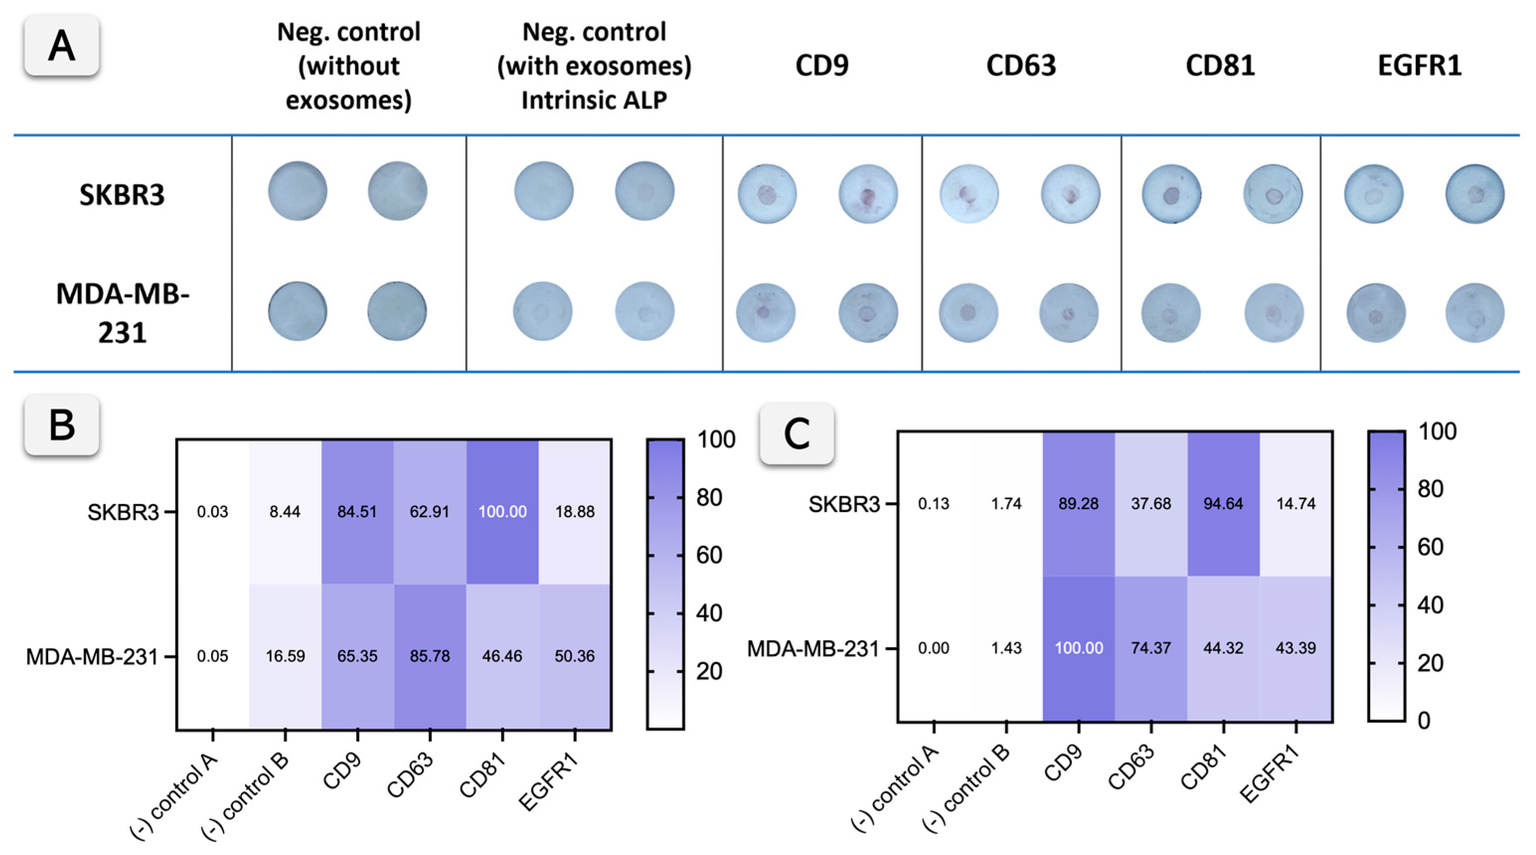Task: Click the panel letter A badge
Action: tap(62, 46)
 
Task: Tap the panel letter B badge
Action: tap(62, 425)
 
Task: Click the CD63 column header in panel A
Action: tap(1021, 65)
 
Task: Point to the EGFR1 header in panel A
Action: tap(1419, 65)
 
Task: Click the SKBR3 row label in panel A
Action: tap(122, 194)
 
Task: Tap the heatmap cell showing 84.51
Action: tap(357, 512)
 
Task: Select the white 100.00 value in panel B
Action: tap(502, 512)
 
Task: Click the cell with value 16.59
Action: tap(285, 656)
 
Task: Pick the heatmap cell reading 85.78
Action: tap(430, 656)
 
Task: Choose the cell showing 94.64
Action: tap(1223, 503)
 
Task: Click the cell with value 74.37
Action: tap(1151, 647)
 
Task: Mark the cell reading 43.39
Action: tap(1296, 647)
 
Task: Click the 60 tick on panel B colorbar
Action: tap(709, 555)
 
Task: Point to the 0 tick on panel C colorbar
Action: tap(1424, 721)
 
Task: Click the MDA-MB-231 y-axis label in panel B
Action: tap(92, 656)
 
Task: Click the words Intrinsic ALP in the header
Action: tap(594, 99)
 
